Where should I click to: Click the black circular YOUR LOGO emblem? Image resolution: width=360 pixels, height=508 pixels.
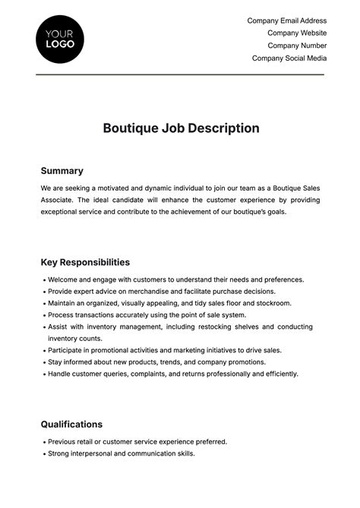pos(60,39)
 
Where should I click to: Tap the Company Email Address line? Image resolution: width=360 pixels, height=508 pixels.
pos(286,21)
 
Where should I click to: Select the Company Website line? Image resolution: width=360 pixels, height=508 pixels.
pos(297,33)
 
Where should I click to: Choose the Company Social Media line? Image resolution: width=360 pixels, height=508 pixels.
pos(289,58)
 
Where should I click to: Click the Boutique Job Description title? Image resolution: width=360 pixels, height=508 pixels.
pos(181,128)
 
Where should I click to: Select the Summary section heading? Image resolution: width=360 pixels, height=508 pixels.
pos(62,171)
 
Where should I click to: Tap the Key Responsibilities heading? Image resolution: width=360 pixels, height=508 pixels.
pos(85,262)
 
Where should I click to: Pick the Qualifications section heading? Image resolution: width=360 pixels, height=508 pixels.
pos(71,424)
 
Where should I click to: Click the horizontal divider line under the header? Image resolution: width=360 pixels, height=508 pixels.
pos(180,74)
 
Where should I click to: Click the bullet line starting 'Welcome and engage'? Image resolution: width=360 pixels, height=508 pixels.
pos(175,279)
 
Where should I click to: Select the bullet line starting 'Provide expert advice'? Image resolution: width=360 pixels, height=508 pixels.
pos(161,291)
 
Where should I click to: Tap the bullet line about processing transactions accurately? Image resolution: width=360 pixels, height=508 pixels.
pos(147,314)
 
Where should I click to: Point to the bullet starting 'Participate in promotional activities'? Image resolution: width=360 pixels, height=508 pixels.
pos(164,350)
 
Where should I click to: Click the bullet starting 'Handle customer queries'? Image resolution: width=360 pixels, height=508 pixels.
pos(172,374)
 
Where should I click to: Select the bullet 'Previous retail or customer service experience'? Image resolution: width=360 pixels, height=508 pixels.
pos(137,441)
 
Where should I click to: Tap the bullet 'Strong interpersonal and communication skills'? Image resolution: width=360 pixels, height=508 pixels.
pos(121,453)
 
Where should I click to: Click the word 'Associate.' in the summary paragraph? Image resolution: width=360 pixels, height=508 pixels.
pos(58,200)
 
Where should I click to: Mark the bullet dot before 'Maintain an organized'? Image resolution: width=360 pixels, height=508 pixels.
pos(43,303)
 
